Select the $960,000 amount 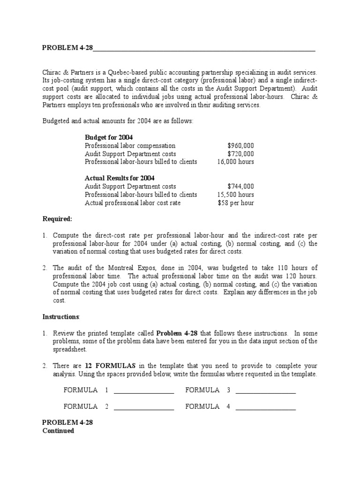pyautogui.click(x=240, y=146)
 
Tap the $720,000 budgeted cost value pyautogui.click(x=240, y=154)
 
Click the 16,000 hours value pyautogui.click(x=235, y=162)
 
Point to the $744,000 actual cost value pyautogui.click(x=240, y=186)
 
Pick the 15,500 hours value pyautogui.click(x=235, y=194)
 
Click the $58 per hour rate pyautogui.click(x=236, y=202)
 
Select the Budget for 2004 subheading pyautogui.click(x=109, y=137)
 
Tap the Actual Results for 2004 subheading pyautogui.click(x=120, y=178)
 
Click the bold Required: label pyautogui.click(x=57, y=219)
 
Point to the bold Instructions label pyautogui.click(x=61, y=317)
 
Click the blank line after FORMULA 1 pyautogui.click(x=144, y=391)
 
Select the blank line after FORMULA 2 pyautogui.click(x=144, y=407)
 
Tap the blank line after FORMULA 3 pyautogui.click(x=266, y=391)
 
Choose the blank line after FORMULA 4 pyautogui.click(x=266, y=407)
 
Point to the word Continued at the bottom pyautogui.click(x=58, y=430)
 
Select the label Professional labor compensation pyautogui.click(x=130, y=146)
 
